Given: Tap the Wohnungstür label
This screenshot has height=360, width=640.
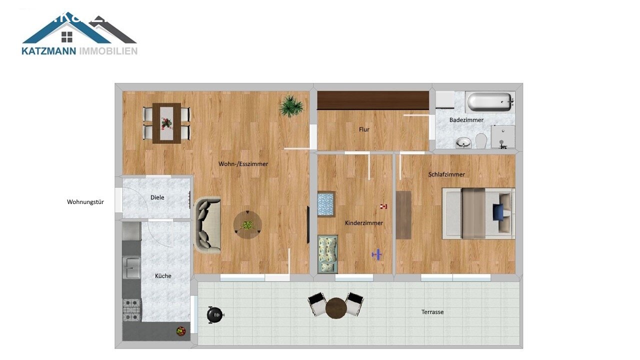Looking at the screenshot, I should click(x=85, y=202).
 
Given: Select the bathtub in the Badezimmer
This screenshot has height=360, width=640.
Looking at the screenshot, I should click(x=490, y=102).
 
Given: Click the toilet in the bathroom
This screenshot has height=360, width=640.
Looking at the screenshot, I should click(x=481, y=140).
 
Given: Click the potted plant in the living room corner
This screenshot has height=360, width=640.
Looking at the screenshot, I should click(x=291, y=106).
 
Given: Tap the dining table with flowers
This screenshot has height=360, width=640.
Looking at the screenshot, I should click(x=166, y=122).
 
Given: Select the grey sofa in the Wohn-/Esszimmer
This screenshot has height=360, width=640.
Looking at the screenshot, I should click(x=207, y=225).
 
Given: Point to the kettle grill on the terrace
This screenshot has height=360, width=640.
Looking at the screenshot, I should click(x=215, y=314).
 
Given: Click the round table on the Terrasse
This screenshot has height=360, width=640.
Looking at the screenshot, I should click(x=336, y=307).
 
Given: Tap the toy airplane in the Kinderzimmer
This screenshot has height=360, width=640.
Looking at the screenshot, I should click(x=377, y=255).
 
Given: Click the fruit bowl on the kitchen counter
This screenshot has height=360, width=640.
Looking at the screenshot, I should click(x=180, y=330).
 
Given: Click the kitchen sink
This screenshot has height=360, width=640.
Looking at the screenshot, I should click(x=132, y=268).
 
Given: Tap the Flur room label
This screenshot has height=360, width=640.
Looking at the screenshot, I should click(x=364, y=129).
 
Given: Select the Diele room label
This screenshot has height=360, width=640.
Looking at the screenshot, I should click(x=157, y=197).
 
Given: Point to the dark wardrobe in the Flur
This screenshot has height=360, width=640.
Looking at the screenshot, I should click(x=373, y=100).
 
